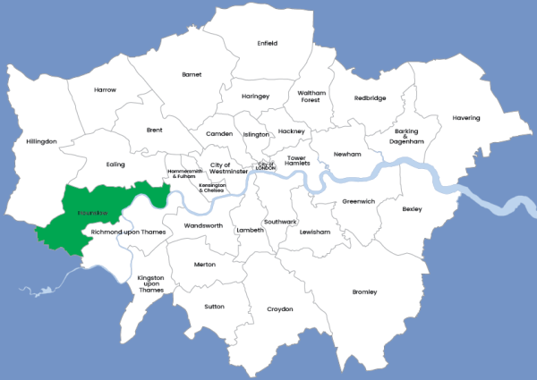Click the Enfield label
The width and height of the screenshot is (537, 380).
[267, 43]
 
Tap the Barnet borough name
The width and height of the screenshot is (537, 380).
[192, 74]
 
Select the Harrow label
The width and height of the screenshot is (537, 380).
[105, 89]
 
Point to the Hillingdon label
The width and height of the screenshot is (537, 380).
[41, 141]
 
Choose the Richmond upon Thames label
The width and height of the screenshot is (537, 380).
[129, 232]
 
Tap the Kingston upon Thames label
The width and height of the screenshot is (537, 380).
[150, 283]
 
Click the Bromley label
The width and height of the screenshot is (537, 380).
[364, 292]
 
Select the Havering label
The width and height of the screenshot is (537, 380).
[465, 118]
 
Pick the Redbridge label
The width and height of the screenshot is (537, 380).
[370, 98]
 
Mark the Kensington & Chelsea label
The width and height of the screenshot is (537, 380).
[212, 188]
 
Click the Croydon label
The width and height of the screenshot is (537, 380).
[279, 309]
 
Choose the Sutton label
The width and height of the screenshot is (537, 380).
[214, 306]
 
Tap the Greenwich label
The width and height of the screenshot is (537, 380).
[358, 201]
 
